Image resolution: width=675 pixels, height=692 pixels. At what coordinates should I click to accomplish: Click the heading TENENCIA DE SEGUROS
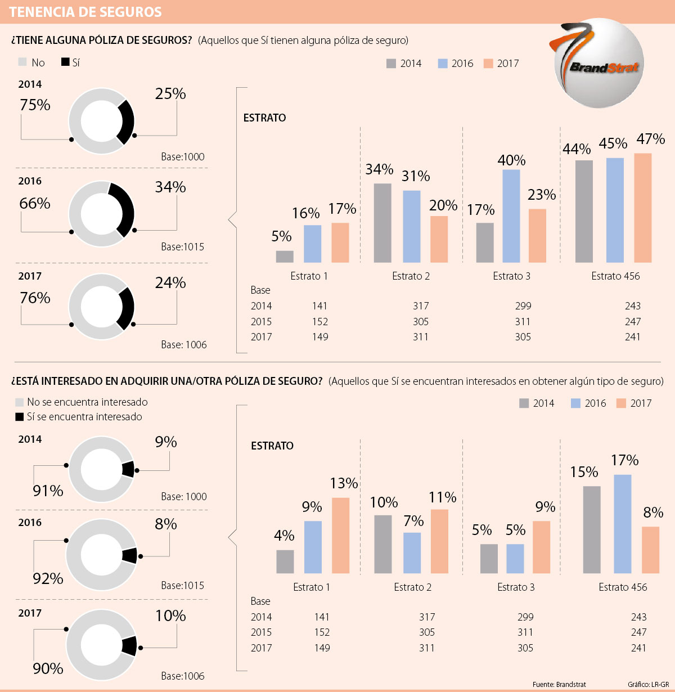click(x=85, y=12)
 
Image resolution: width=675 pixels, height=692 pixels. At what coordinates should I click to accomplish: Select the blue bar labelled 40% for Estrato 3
click(x=511, y=216)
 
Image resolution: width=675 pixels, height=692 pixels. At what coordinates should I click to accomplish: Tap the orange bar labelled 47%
click(x=642, y=208)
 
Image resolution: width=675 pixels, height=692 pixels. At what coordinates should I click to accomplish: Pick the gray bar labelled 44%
click(x=584, y=212)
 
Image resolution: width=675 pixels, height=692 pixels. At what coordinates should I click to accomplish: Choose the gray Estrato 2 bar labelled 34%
click(x=382, y=223)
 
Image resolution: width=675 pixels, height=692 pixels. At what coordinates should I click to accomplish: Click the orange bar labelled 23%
click(x=538, y=236)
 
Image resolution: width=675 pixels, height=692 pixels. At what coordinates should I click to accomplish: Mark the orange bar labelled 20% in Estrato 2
click(x=439, y=239)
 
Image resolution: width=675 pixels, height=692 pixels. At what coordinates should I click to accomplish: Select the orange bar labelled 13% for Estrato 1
click(x=340, y=535)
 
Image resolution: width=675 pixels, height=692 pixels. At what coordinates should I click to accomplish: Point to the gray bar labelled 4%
click(x=285, y=561)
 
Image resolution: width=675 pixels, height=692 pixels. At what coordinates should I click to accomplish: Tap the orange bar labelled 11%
click(x=439, y=541)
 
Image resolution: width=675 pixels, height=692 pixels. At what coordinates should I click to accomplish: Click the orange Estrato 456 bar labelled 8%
click(x=650, y=550)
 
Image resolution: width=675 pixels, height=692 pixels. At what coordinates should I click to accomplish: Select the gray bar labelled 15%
click(x=592, y=529)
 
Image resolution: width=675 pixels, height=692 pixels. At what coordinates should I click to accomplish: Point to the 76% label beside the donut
click(x=35, y=298)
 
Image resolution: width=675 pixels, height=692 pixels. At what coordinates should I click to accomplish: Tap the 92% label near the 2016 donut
click(x=48, y=578)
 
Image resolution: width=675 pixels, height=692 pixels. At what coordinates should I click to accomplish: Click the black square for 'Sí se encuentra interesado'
click(x=20, y=417)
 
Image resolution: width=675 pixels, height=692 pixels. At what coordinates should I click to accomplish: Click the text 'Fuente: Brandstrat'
click(x=559, y=684)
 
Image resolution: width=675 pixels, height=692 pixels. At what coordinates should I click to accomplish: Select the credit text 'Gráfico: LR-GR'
click(x=648, y=684)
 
